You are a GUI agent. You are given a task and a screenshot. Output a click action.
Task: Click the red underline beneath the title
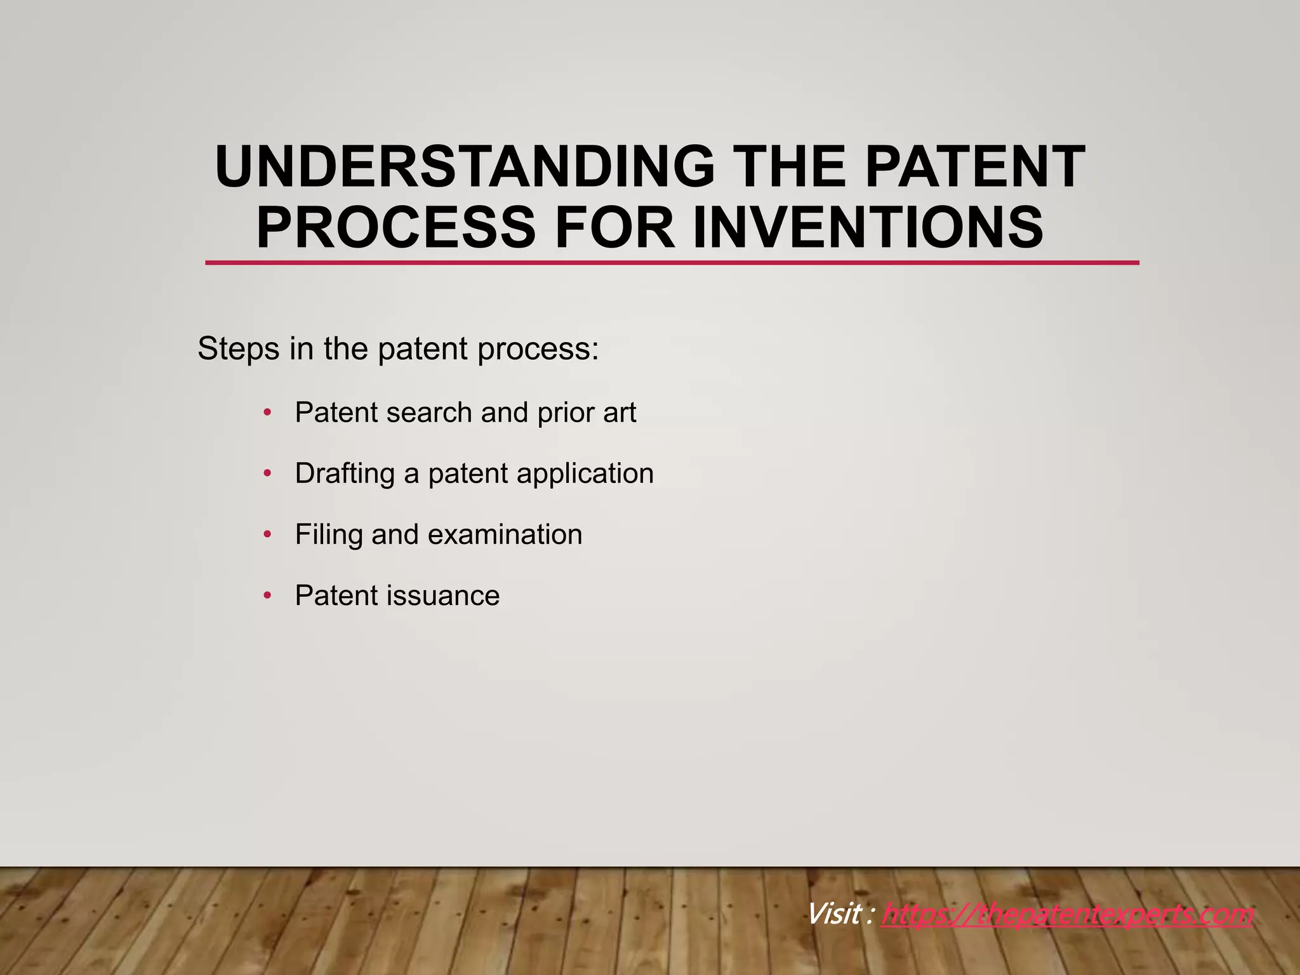[x=672, y=262]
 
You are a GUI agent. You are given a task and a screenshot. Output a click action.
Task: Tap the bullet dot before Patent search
[x=267, y=413]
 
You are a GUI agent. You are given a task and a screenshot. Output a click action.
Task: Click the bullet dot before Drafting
[x=267, y=474]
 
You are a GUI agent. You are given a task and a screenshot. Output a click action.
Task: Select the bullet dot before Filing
[x=267, y=534]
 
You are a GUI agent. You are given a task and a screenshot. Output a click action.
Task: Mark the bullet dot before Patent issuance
[x=267, y=595]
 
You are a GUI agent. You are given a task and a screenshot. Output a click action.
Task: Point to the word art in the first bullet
[x=619, y=413]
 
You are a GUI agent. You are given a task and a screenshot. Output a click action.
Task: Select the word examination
[x=505, y=534]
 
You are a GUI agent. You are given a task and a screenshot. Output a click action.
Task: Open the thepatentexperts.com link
[x=1067, y=915]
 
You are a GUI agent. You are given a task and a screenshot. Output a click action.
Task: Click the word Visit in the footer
[x=833, y=915]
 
